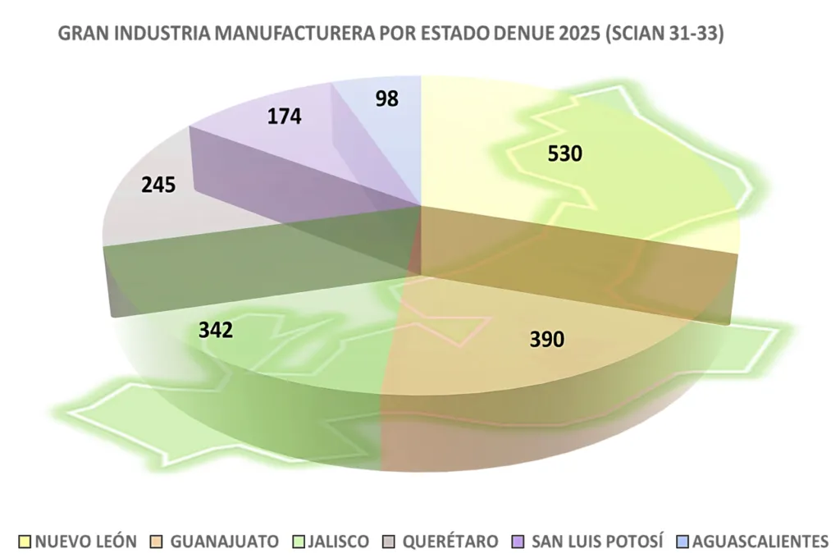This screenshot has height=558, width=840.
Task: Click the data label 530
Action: click(x=566, y=153)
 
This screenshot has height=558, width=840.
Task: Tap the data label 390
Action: click(x=547, y=338)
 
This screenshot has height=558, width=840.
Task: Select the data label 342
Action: click(x=216, y=330)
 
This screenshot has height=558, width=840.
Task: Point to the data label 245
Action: click(x=158, y=185)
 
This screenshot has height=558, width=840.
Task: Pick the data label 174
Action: click(x=285, y=117)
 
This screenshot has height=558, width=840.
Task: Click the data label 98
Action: click(x=386, y=98)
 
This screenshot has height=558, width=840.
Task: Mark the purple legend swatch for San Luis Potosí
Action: click(x=517, y=542)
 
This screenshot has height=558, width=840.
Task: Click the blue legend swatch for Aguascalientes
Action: click(x=682, y=542)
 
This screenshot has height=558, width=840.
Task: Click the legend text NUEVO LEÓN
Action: click(x=85, y=542)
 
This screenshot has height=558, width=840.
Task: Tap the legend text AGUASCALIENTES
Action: click(x=760, y=542)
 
